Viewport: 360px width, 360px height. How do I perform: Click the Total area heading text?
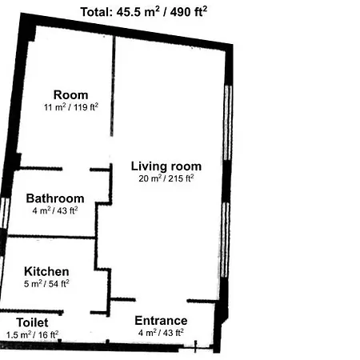(144, 12)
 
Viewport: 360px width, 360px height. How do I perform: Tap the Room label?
(70, 95)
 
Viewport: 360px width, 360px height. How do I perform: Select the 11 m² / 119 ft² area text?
(71, 107)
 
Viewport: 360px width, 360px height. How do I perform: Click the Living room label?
(166, 166)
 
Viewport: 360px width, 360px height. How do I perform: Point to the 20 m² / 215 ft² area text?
(166, 178)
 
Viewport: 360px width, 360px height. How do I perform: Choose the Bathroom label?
(55, 198)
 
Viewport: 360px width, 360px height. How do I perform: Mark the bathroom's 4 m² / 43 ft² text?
(55, 210)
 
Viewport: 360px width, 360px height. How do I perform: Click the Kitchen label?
(46, 271)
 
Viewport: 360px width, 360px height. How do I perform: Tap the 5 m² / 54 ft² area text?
(46, 284)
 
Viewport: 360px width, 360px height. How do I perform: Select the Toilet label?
(32, 322)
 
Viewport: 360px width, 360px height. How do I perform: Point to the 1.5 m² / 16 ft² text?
(32, 334)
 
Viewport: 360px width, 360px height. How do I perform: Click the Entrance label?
(161, 321)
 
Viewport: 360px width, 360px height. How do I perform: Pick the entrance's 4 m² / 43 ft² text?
(161, 333)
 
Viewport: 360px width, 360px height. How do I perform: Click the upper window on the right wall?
(228, 122)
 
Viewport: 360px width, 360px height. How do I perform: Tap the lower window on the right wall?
(226, 240)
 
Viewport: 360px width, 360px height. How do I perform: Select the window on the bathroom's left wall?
(5, 213)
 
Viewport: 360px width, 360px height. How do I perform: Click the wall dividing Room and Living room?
(113, 86)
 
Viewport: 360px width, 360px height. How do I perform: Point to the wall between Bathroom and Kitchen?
(51, 237)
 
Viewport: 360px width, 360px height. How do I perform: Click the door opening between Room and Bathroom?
(76, 169)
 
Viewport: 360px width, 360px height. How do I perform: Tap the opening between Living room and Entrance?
(162, 301)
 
